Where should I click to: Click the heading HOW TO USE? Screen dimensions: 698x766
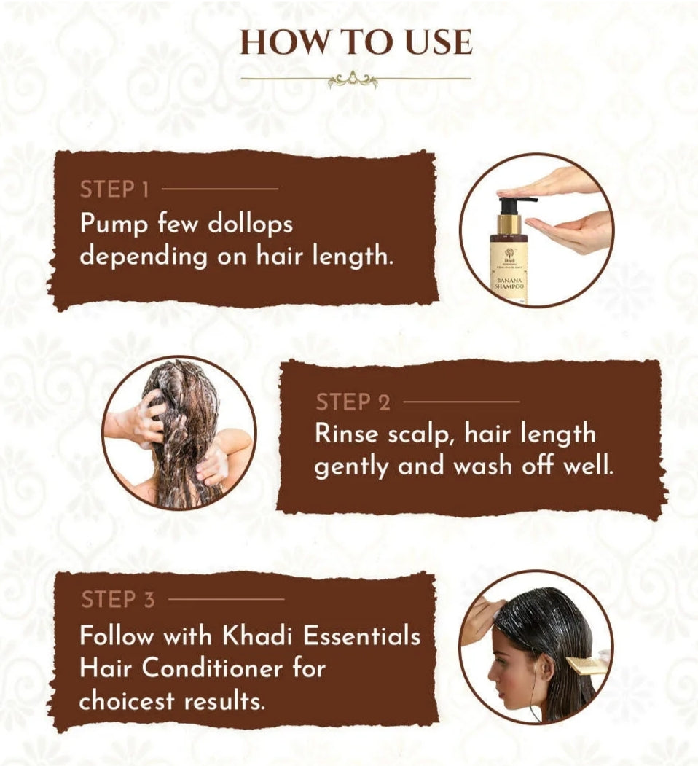pyautogui.click(x=356, y=42)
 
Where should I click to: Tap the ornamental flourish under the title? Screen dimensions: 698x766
pyautogui.click(x=353, y=79)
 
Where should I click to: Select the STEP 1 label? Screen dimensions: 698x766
pyautogui.click(x=114, y=189)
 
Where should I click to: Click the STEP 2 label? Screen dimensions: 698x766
pyautogui.click(x=353, y=402)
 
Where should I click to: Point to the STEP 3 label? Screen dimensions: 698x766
pyautogui.click(x=118, y=599)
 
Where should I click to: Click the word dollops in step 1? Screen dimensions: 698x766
pyautogui.click(x=250, y=224)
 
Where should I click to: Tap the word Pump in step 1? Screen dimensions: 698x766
pyautogui.click(x=114, y=224)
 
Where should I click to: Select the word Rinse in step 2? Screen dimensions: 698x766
pyautogui.click(x=346, y=434)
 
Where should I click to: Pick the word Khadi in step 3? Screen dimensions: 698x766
pyautogui.click(x=257, y=636)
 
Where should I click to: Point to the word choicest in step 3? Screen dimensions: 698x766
pyautogui.click(x=127, y=701)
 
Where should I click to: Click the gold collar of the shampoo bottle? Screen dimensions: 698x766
pyautogui.click(x=509, y=224)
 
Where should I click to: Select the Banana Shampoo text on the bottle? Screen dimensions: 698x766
pyautogui.click(x=509, y=284)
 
